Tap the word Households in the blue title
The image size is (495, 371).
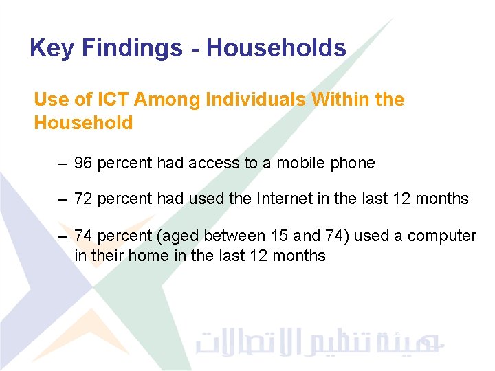(x=276, y=48)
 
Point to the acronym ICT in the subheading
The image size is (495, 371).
(x=112, y=100)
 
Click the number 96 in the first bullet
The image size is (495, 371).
(x=83, y=164)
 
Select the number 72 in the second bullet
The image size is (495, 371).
(x=83, y=200)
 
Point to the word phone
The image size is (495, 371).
(x=353, y=164)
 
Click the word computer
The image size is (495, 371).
(x=441, y=236)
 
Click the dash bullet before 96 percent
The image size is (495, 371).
(x=63, y=164)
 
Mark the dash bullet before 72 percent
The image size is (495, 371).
(x=63, y=200)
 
